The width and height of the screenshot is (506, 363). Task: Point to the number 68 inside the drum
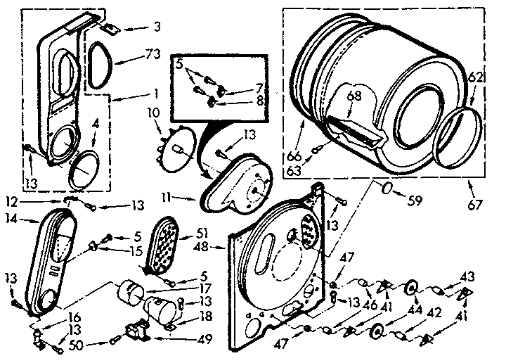tap(353, 95)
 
